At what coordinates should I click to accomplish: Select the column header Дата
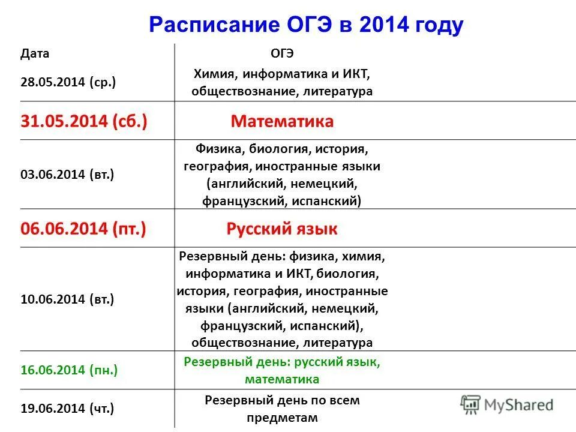click(35, 54)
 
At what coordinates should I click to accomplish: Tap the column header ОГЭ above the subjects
click(282, 54)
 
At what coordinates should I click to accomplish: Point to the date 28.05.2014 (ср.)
click(68, 82)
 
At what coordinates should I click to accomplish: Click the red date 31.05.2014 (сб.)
click(84, 122)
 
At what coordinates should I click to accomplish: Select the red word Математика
click(282, 122)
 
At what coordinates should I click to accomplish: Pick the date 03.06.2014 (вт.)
click(67, 175)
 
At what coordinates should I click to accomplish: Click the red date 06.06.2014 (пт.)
click(83, 229)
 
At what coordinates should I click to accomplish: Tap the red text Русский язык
click(282, 229)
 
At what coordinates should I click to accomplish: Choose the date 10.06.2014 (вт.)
click(67, 299)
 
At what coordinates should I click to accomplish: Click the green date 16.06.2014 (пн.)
click(69, 370)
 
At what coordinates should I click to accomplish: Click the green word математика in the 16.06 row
click(282, 379)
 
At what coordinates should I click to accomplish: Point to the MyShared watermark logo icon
click(471, 404)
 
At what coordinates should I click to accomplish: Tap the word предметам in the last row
click(282, 418)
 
